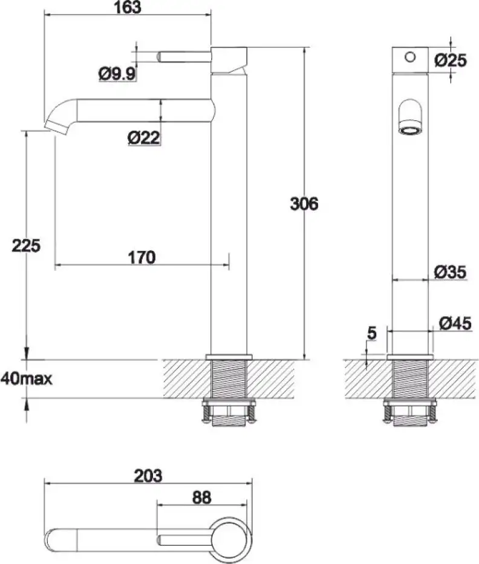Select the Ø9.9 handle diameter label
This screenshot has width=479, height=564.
117,74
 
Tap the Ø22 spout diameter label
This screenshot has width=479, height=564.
143,138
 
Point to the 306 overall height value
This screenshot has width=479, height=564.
303,204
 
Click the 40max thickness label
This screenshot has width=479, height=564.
26,379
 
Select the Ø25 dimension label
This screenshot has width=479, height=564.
451,60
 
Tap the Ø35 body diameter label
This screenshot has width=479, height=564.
451,273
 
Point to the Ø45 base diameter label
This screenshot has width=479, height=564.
451,324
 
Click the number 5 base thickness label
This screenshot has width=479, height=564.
371,333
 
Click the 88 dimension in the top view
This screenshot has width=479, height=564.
202,498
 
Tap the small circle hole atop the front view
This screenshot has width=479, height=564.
410,57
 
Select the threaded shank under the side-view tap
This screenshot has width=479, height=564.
228,380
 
